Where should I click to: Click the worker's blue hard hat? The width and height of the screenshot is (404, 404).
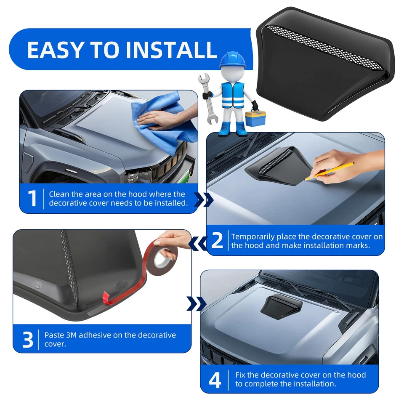coord(229,60)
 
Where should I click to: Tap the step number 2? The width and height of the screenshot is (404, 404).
coord(217,240)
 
